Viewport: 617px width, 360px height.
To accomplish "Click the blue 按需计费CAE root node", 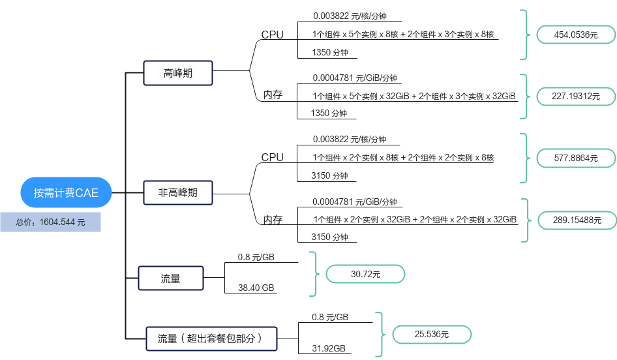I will click(66, 192).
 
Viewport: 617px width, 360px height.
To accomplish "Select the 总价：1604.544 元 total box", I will click(51, 222).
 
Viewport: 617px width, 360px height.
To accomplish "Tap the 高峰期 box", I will click(178, 73).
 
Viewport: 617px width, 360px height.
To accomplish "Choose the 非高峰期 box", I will click(178, 192).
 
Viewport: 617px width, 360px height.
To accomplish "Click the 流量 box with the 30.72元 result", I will click(171, 278).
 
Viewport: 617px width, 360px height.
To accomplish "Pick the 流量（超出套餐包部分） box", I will click(210, 338).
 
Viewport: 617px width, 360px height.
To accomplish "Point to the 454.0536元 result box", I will click(575, 35).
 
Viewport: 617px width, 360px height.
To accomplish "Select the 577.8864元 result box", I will click(575, 157).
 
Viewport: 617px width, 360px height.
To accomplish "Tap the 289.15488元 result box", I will click(577, 220).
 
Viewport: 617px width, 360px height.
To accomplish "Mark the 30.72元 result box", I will click(365, 274).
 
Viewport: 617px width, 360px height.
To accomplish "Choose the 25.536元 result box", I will click(431, 335).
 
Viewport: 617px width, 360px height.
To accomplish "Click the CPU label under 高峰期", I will click(272, 35).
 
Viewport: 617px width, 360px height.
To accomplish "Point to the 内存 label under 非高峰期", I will click(272, 220).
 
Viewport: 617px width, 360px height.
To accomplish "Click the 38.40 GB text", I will click(256, 288).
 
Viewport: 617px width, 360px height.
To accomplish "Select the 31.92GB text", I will click(329, 349).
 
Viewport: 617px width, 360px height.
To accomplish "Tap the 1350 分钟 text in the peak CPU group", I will click(330, 52).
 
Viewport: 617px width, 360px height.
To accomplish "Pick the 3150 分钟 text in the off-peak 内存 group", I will click(330, 237).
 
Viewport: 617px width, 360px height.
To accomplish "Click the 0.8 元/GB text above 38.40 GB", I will click(256, 257).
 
